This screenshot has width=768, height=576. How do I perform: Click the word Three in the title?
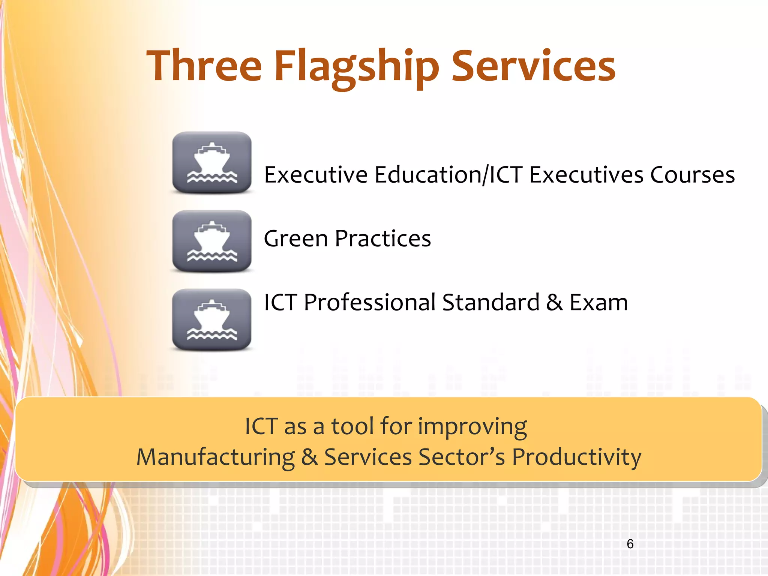pyautogui.click(x=204, y=66)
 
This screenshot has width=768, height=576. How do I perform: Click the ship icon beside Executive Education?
pyautogui.click(x=212, y=162)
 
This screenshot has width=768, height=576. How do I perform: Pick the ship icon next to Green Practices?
pyautogui.click(x=212, y=241)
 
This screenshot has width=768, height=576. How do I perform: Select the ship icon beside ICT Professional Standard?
pyautogui.click(x=212, y=319)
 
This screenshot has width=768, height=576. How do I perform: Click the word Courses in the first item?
pyautogui.click(x=692, y=175)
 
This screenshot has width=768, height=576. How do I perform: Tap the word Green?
pyautogui.click(x=296, y=238)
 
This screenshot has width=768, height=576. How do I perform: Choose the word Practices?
pyautogui.click(x=383, y=238)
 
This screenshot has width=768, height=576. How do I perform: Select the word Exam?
pyautogui.click(x=598, y=302)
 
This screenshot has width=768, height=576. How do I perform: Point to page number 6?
pyautogui.click(x=630, y=544)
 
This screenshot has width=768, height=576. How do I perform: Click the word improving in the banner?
pyautogui.click(x=472, y=427)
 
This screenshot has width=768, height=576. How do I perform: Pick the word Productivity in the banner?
pyautogui.click(x=576, y=457)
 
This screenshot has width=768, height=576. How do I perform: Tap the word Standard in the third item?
pyautogui.click(x=490, y=302)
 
